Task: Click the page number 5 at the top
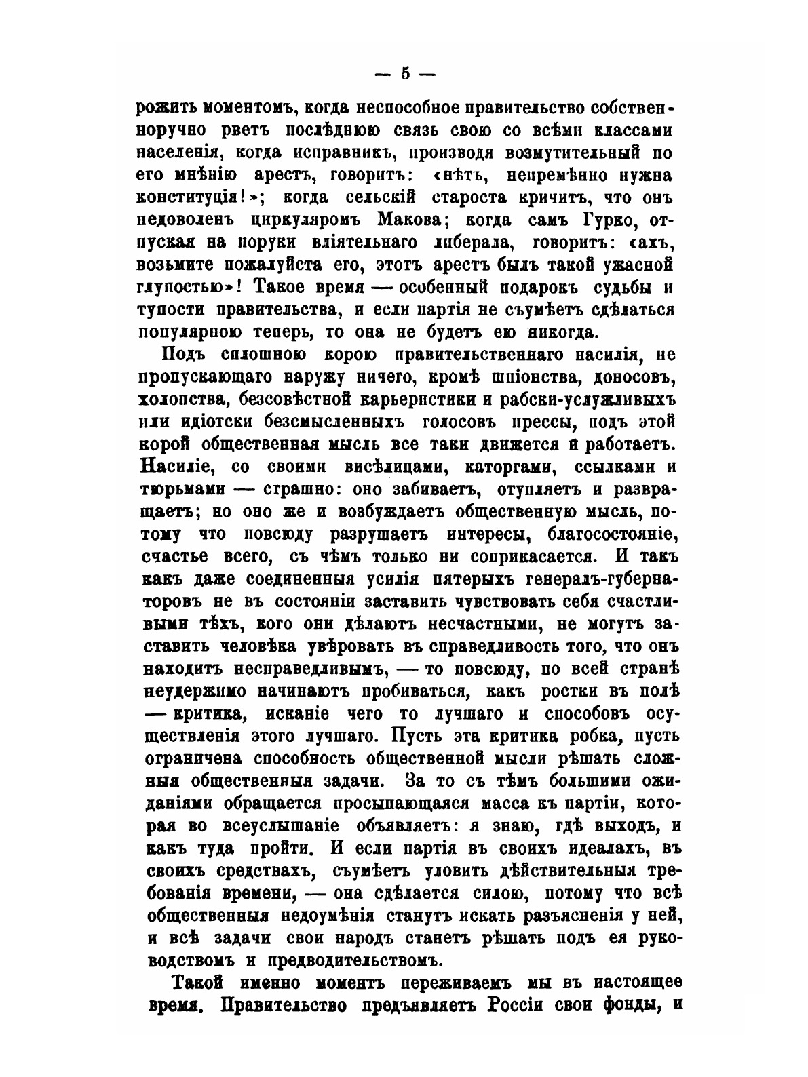[406, 74]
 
